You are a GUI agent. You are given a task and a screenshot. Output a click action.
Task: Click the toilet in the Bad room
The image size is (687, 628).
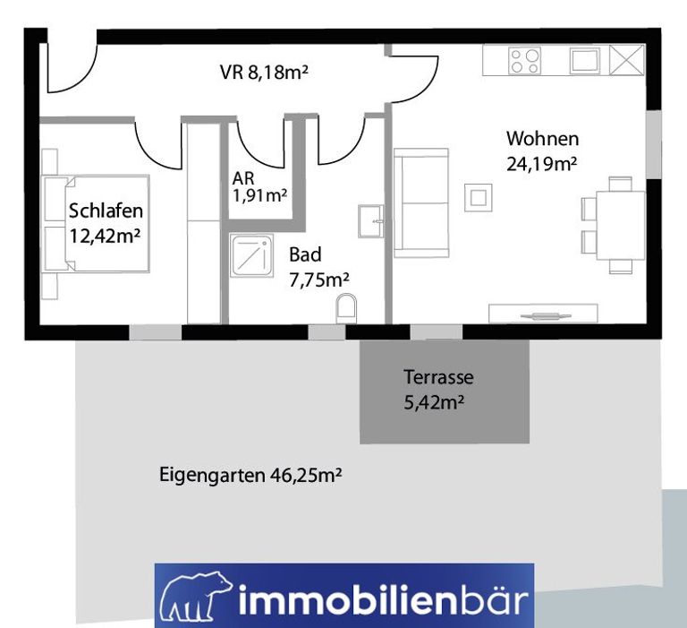(346, 308)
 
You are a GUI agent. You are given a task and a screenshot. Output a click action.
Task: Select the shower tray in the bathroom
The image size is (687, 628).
(252, 256)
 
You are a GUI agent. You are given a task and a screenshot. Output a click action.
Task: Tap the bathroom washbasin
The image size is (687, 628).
(370, 221)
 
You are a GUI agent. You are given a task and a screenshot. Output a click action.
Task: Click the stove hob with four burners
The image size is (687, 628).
(525, 61)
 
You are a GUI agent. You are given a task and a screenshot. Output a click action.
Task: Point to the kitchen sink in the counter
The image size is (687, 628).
(585, 61)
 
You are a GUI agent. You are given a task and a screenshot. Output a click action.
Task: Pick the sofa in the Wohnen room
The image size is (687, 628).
(421, 202)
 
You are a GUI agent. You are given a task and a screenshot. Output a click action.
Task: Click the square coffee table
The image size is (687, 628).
(478, 197)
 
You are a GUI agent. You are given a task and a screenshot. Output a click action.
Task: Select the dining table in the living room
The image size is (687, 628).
(621, 225)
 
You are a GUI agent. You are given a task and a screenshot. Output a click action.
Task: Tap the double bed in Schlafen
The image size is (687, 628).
(97, 223)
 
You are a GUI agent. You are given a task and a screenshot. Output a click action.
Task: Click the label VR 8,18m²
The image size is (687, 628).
(264, 72)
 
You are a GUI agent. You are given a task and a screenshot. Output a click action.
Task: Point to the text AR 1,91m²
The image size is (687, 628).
(259, 187)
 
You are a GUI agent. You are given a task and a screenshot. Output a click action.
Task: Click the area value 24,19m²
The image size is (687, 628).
(541, 164)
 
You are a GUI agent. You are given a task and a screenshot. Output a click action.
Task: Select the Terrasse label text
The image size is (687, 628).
(438, 377)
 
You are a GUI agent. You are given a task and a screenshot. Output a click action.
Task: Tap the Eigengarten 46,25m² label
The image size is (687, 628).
(250, 475)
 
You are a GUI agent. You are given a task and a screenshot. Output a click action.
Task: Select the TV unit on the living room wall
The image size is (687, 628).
(543, 314)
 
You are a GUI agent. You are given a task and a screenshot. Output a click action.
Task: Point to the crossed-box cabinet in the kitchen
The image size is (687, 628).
(627, 59)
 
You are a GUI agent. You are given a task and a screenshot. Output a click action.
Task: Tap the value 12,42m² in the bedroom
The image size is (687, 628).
(106, 237)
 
